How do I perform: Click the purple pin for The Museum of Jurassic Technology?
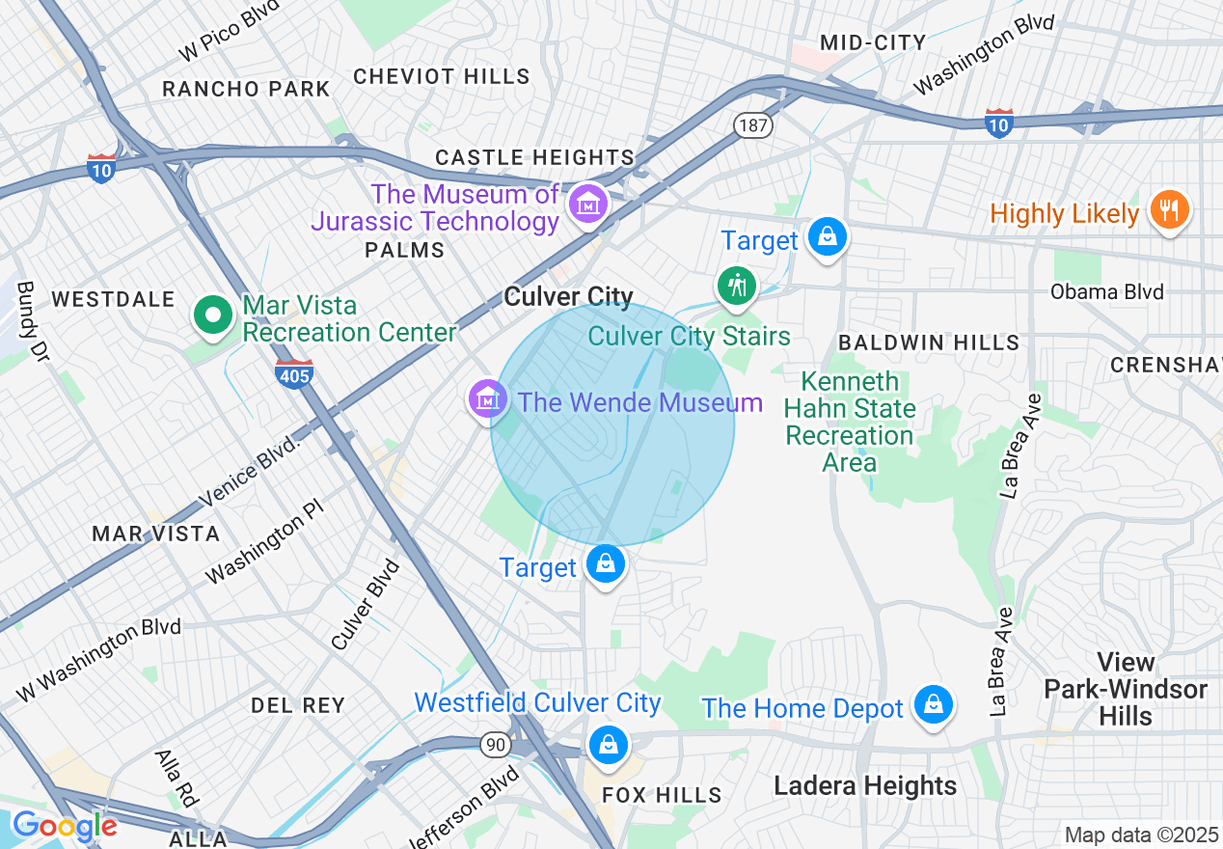pyautogui.click(x=586, y=205)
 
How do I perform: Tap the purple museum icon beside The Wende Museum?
pyautogui.click(x=488, y=398)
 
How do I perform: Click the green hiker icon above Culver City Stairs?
pyautogui.click(x=737, y=287)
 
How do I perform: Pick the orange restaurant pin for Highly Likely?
pyautogui.click(x=1169, y=210)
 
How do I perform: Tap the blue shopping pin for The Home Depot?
pyautogui.click(x=933, y=705)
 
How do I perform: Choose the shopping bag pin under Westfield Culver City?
pyautogui.click(x=608, y=745)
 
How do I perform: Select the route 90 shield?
pyautogui.click(x=496, y=744)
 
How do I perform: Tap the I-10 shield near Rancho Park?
pyautogui.click(x=101, y=168)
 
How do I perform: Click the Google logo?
pyautogui.click(x=65, y=827)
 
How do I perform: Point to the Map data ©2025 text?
pyautogui.click(x=1141, y=835)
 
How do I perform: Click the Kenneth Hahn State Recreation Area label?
pyautogui.click(x=850, y=422)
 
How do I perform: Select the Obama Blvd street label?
pyautogui.click(x=1106, y=291)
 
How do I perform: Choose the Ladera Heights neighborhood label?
pyautogui.click(x=865, y=785)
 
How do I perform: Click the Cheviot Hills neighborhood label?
pyautogui.click(x=442, y=76)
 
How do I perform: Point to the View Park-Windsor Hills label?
pyautogui.click(x=1126, y=689)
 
